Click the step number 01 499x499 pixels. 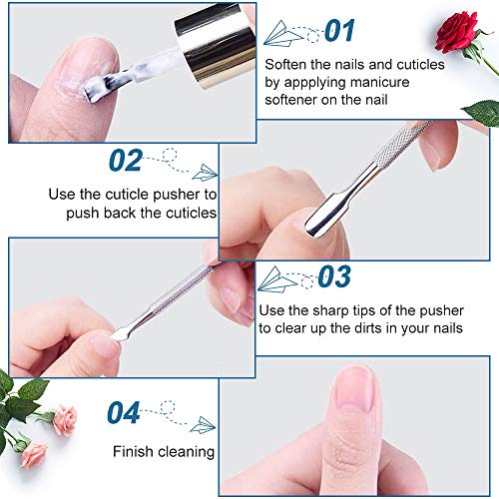[x=339, y=31]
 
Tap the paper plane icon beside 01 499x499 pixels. [x=289, y=33]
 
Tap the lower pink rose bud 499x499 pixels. [x=34, y=453]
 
